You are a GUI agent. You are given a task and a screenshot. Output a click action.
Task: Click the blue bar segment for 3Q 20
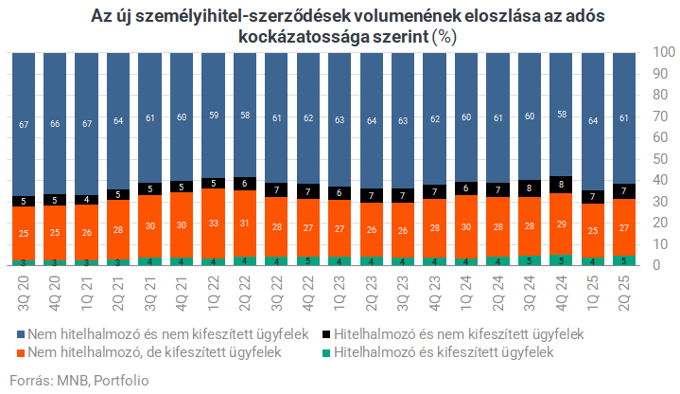point(23,123)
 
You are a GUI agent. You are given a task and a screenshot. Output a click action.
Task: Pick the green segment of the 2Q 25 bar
point(624,260)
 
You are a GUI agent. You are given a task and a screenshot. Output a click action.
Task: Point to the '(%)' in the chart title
point(444,38)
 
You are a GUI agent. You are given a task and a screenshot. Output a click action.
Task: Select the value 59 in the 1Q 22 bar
point(213,116)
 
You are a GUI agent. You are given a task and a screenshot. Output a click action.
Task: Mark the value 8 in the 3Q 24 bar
point(530,188)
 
